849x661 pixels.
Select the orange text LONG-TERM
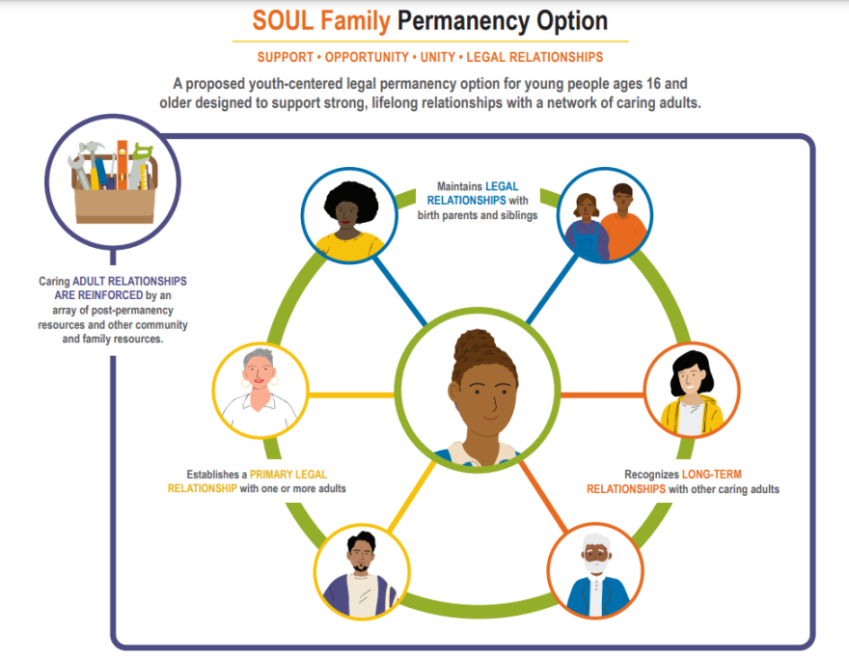pos(715,475)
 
